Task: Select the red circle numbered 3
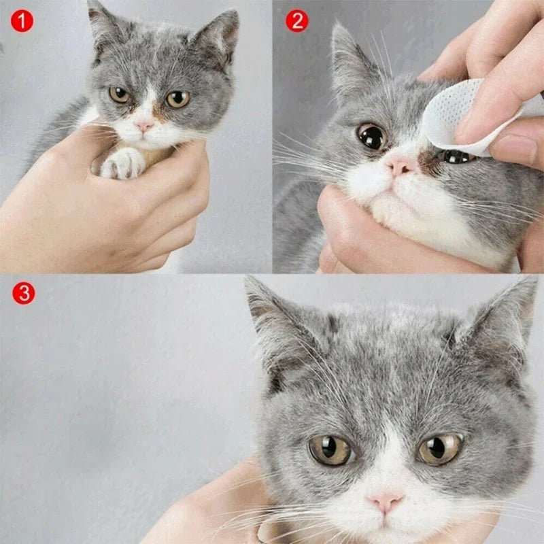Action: [x=23, y=293]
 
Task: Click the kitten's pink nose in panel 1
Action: [x=144, y=126]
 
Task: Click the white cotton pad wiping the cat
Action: [x=452, y=116]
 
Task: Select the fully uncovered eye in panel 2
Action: [x=372, y=137]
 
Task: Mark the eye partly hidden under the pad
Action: [x=457, y=157]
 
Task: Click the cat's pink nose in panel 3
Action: [x=385, y=503]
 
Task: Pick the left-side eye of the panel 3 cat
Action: [x=330, y=449]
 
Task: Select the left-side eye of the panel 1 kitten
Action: [x=120, y=95]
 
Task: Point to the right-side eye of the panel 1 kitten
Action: [x=177, y=99]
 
